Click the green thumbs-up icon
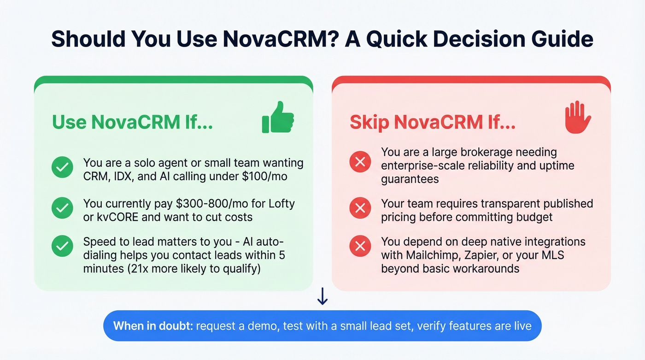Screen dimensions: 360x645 278,118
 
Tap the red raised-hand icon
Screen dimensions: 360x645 578,118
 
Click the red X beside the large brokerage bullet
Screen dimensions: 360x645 360,162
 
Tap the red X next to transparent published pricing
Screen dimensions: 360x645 360,209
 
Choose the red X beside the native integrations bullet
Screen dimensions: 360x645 360,247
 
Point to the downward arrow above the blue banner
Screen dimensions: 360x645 322,297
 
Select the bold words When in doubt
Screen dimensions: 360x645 153,326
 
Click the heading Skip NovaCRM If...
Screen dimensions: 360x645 433,122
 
